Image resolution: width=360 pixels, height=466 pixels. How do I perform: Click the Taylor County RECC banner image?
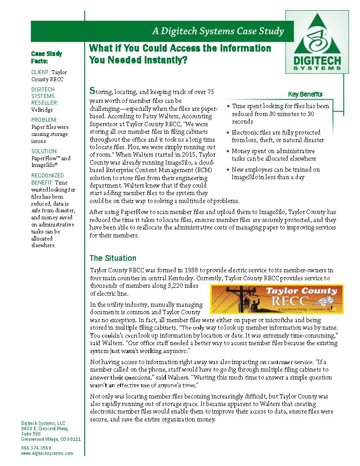(276, 299)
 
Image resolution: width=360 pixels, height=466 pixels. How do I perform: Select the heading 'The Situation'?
(113, 258)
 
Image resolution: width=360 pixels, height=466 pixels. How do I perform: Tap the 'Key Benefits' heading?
(305, 94)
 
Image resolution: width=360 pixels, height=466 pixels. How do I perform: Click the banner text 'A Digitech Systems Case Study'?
(217, 31)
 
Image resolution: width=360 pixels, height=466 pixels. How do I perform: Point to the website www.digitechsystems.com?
(47, 453)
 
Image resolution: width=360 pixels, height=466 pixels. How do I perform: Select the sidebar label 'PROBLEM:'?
(45, 120)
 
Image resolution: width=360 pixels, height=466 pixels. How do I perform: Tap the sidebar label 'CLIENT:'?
(40, 72)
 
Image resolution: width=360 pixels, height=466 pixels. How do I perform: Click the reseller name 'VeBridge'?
(42, 109)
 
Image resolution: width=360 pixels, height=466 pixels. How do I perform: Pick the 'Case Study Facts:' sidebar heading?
(46, 58)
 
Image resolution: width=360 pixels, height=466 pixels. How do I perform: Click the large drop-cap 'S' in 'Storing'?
(92, 91)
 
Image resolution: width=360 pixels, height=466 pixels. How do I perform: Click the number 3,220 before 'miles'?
(166, 286)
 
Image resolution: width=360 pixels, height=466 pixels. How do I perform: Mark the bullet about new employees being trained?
(276, 173)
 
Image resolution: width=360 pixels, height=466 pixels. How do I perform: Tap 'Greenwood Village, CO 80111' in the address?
(51, 440)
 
